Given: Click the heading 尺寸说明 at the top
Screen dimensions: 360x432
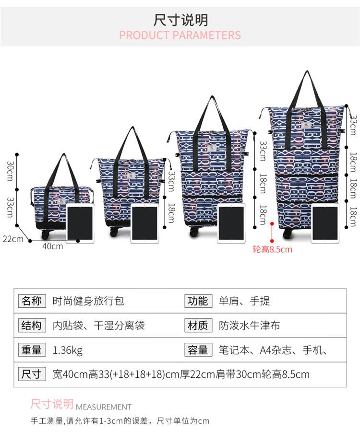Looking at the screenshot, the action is coord(180,20).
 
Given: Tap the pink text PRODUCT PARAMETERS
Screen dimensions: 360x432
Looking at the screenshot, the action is coord(180,35).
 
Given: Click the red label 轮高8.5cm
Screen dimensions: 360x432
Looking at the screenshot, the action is coord(272,249).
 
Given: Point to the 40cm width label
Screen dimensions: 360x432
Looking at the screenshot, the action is coord(52,246).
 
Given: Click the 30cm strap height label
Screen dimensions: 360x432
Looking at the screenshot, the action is coord(10,171).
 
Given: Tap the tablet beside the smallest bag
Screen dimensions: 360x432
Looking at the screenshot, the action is coord(80,222).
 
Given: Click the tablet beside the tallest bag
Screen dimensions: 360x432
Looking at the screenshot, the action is coord(325,223).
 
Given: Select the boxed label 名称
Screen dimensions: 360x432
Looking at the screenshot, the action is coord(32,301).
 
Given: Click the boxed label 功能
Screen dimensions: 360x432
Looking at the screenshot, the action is coord(198,301).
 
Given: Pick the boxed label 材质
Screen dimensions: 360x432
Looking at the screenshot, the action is coord(198,326).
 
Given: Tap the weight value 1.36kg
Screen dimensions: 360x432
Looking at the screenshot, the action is coord(67,350).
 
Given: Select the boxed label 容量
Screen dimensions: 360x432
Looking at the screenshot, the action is coord(198,350).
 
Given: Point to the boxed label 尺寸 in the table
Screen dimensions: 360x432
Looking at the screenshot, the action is coord(32,374).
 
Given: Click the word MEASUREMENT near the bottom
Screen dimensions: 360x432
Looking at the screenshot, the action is coord(103,407).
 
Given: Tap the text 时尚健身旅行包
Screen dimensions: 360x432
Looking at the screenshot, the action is coord(88,301).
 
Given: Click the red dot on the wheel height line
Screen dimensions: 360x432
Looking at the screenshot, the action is coord(272,223).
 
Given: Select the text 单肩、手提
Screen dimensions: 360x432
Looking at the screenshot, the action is coord(244,301).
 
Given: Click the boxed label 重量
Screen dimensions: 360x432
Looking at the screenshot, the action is coord(32,350).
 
